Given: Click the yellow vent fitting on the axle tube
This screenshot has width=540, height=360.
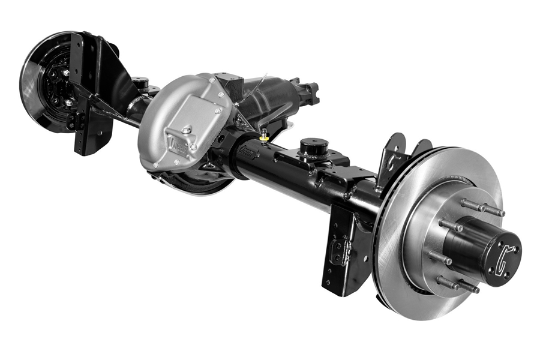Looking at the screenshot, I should [x=264, y=136].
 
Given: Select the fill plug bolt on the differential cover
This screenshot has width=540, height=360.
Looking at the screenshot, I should [x=187, y=130].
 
